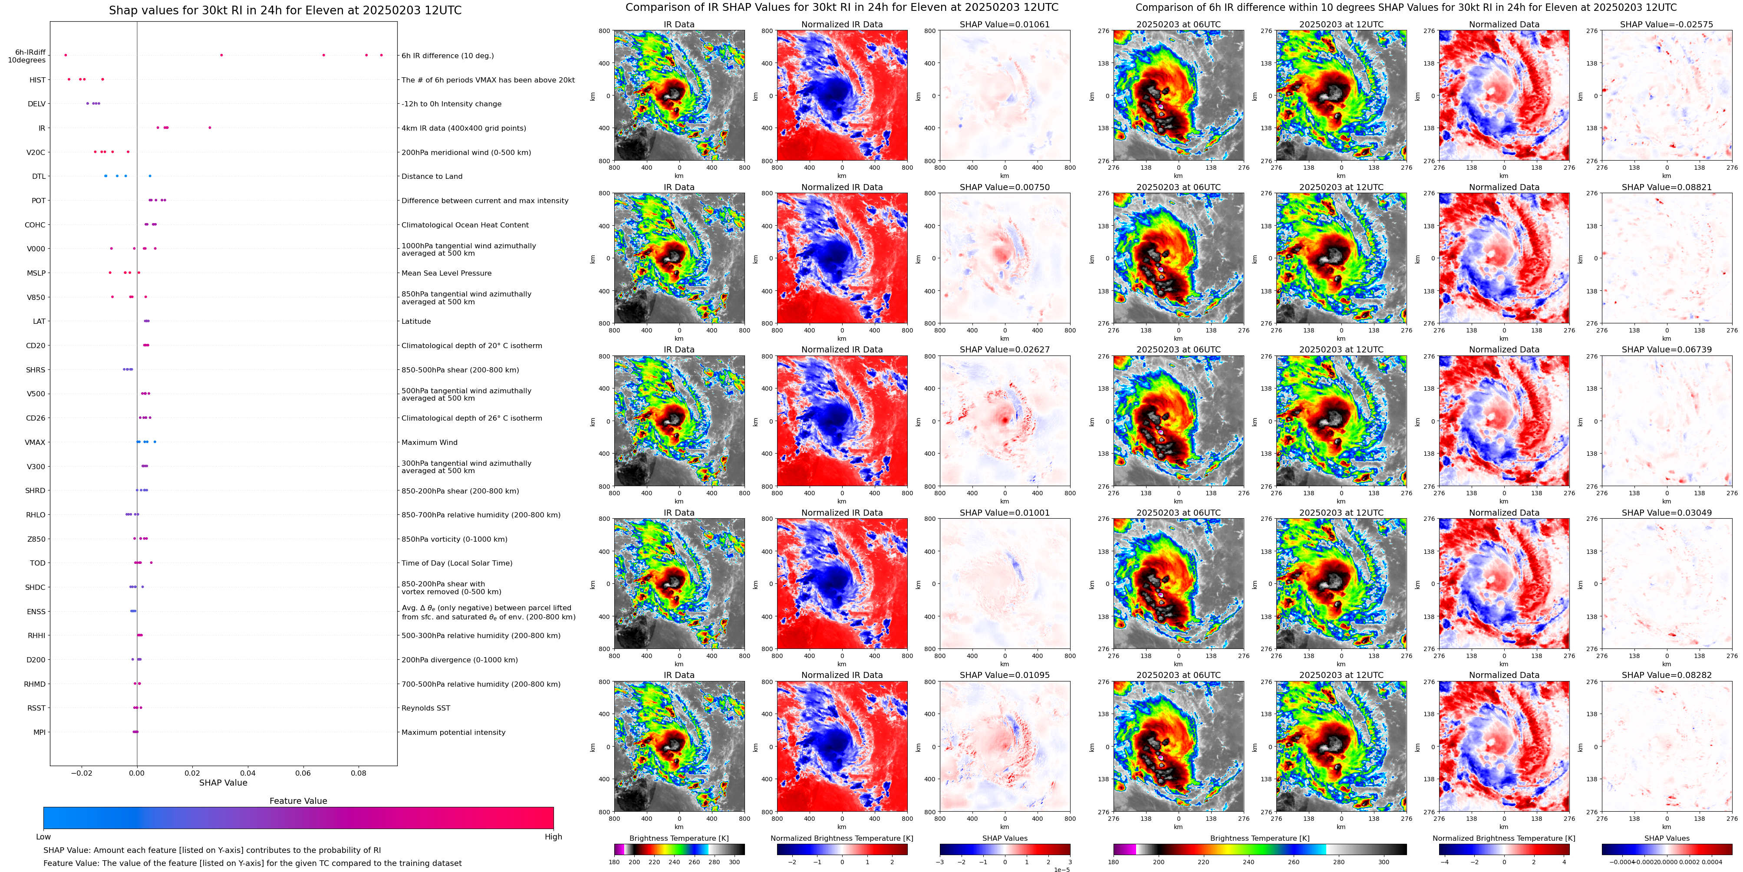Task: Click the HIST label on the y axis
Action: (37, 80)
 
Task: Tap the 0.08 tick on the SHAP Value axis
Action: (358, 773)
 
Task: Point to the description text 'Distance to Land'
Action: (432, 177)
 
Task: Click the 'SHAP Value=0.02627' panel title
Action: (1004, 350)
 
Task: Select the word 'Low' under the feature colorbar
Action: (43, 837)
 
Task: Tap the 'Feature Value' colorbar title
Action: (298, 801)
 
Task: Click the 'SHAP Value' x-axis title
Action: (223, 783)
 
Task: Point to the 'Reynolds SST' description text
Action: (425, 708)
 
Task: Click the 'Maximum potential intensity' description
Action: (453, 733)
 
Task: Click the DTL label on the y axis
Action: (39, 177)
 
